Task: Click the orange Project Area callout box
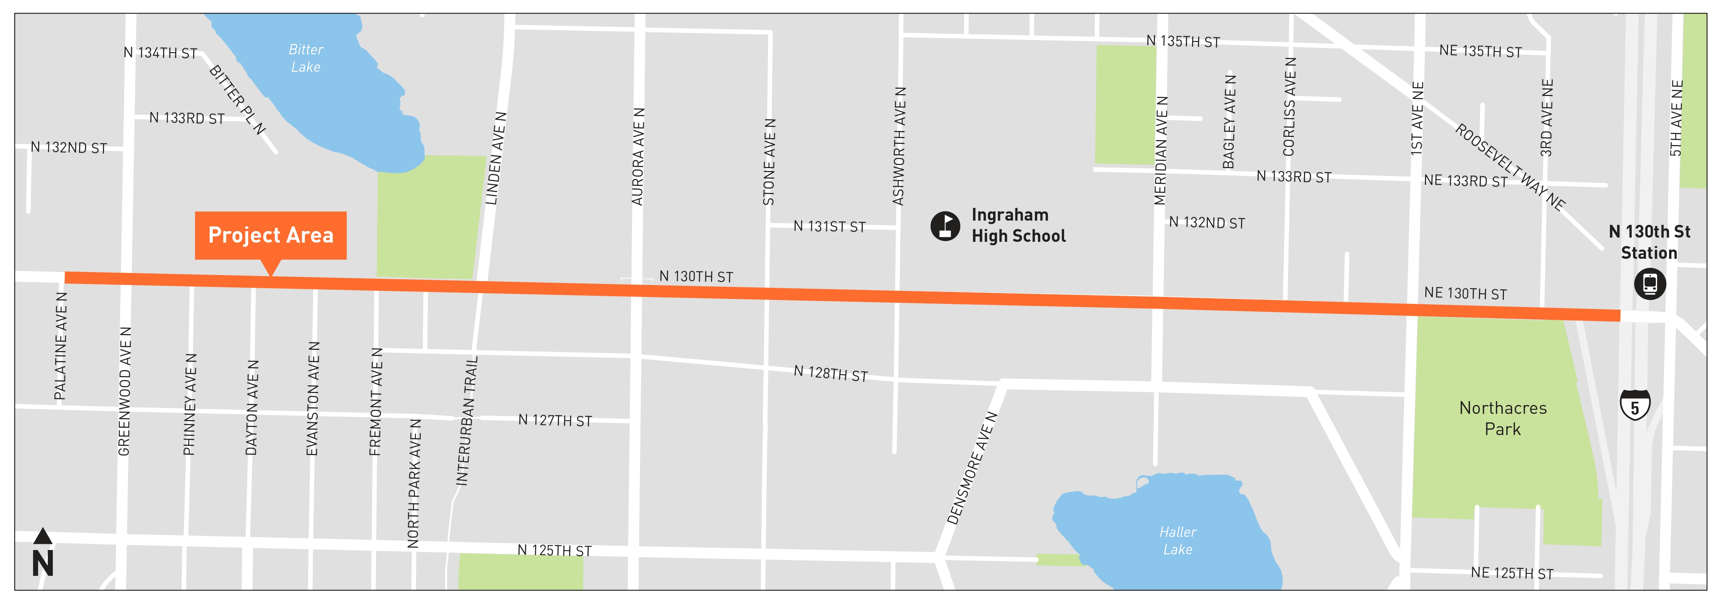click(x=271, y=235)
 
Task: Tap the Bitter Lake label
click(x=305, y=58)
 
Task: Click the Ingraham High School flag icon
click(x=945, y=226)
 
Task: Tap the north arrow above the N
click(x=43, y=536)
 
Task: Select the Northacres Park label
click(x=1502, y=418)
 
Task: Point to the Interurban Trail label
click(x=467, y=421)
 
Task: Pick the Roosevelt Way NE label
click(x=1509, y=167)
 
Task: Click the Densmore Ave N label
click(x=972, y=468)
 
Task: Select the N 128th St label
click(x=830, y=373)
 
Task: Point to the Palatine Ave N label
click(x=61, y=346)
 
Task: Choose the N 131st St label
click(x=829, y=226)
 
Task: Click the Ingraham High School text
click(x=1018, y=225)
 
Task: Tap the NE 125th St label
click(x=1512, y=573)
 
